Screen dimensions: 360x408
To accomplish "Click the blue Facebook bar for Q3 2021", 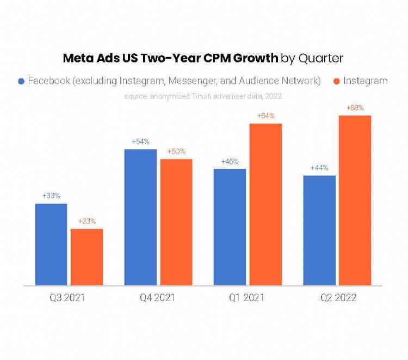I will click(x=51, y=245).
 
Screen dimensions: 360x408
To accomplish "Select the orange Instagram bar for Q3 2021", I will click(x=86, y=257).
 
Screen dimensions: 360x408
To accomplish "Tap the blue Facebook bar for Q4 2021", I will click(x=140, y=217).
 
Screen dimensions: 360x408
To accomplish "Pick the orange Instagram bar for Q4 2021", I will click(x=176, y=222).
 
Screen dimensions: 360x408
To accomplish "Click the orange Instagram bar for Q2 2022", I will click(x=355, y=200).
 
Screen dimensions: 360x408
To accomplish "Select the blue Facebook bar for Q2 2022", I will click(x=319, y=230).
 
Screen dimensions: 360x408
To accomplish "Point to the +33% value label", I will click(x=51, y=196).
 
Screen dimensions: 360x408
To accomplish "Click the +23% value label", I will click(x=86, y=221).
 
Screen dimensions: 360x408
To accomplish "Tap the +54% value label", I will click(x=140, y=142).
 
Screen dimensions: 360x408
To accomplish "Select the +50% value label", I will click(x=176, y=151).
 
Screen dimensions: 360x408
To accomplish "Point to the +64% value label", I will click(x=265, y=115).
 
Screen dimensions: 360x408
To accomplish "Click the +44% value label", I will click(x=319, y=168).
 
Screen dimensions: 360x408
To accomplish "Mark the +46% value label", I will click(x=230, y=161).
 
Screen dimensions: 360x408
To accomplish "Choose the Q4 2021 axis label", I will click(x=158, y=297).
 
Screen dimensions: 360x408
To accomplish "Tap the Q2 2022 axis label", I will click(x=337, y=297).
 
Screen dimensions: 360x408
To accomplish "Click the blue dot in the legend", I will click(x=21, y=81).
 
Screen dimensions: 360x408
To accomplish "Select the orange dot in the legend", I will click(x=336, y=81).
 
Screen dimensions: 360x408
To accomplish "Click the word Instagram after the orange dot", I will click(x=365, y=81).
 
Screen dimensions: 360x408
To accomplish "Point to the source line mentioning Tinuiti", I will click(x=203, y=96).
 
